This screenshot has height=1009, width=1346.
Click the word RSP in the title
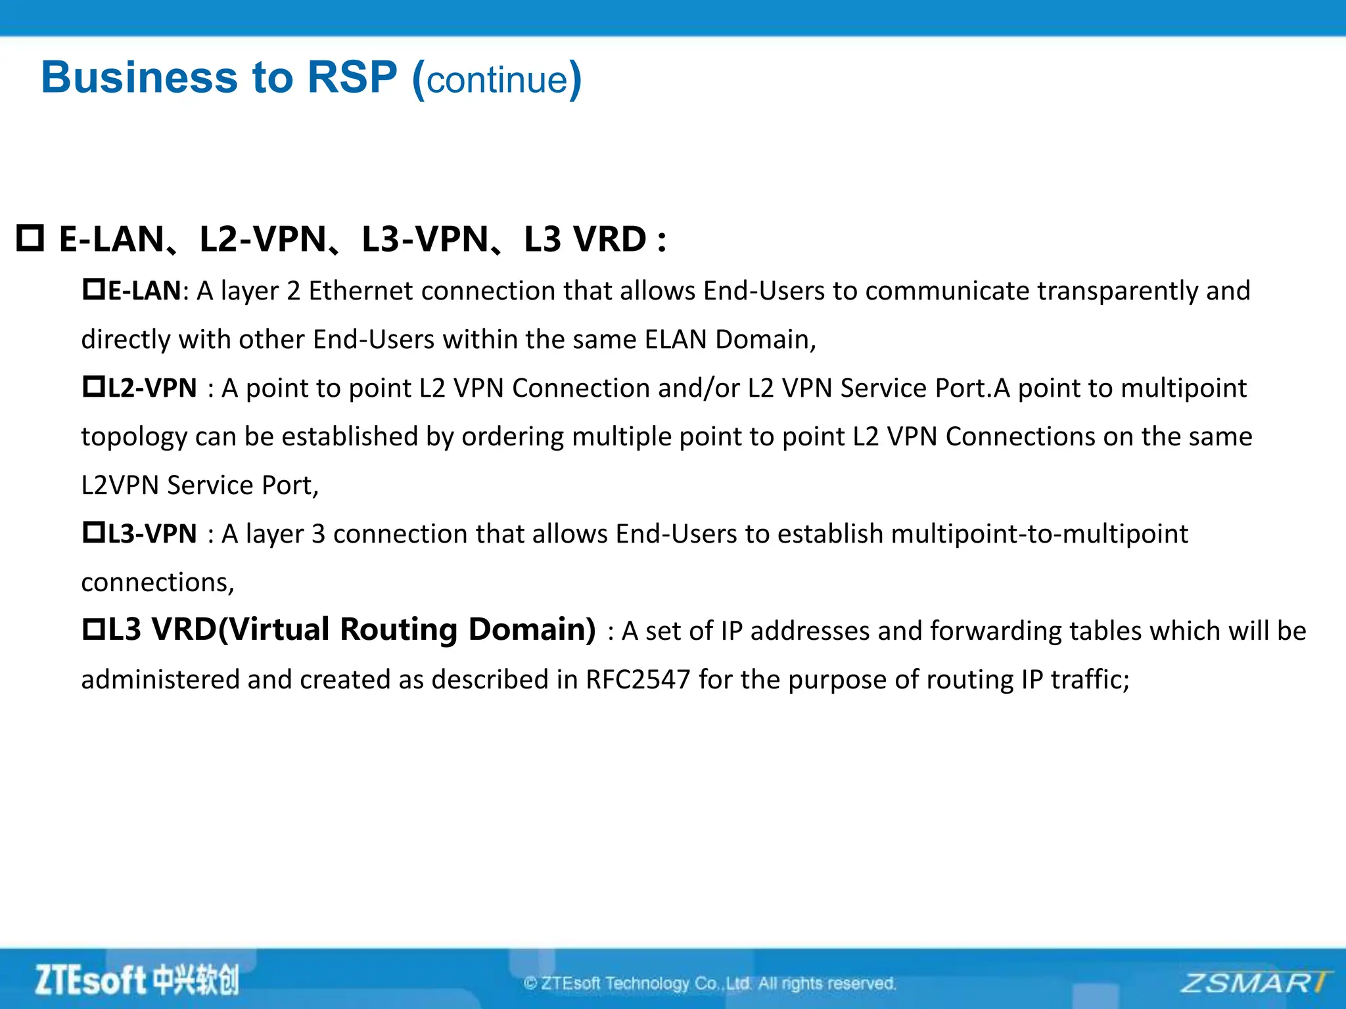click(x=352, y=78)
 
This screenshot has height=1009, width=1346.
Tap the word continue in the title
click(x=497, y=80)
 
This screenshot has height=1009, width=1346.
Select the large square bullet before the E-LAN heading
click(x=30, y=238)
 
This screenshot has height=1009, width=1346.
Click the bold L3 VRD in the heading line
click(x=585, y=239)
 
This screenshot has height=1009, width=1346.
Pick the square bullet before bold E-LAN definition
click(x=93, y=289)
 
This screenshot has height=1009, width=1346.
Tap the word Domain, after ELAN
click(x=765, y=340)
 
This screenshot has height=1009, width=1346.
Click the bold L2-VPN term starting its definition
click(x=152, y=388)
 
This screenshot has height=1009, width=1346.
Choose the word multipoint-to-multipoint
click(x=1039, y=534)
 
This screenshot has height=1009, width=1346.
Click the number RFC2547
click(x=638, y=679)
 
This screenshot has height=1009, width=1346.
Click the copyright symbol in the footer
click(x=530, y=983)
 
